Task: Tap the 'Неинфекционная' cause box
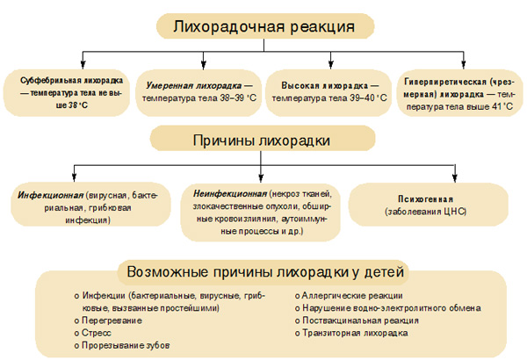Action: (x=261, y=211)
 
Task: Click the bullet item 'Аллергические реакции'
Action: (x=351, y=295)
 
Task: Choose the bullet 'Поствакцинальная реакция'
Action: (x=360, y=320)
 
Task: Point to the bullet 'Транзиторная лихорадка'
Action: (x=356, y=334)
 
